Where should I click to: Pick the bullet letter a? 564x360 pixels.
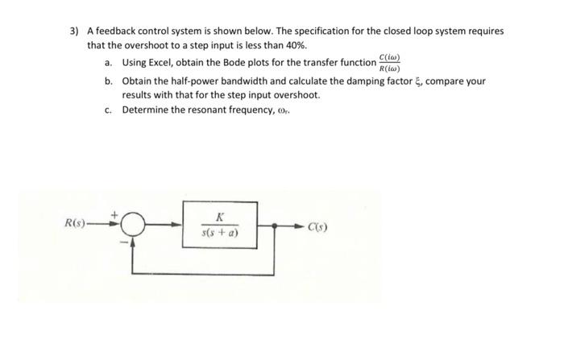click(108, 63)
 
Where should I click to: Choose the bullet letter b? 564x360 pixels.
click(108, 81)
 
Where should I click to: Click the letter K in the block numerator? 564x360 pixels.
click(220, 216)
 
